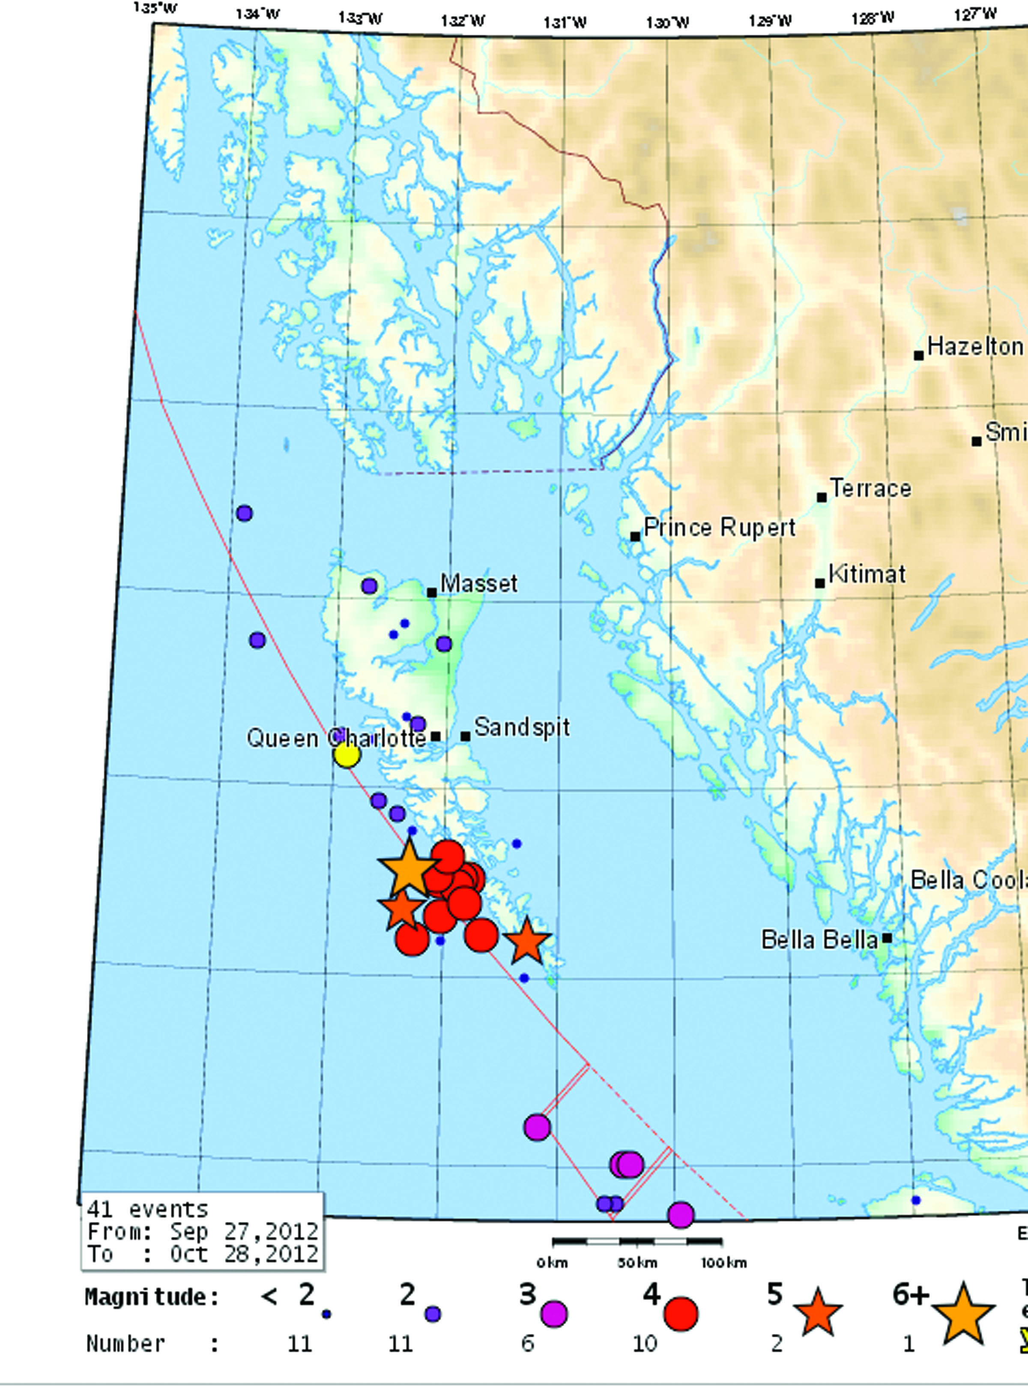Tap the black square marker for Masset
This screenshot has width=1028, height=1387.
tap(432, 592)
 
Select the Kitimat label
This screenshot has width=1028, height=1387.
tap(867, 573)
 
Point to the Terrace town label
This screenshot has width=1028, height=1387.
tap(870, 488)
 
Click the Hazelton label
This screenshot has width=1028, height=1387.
tap(974, 346)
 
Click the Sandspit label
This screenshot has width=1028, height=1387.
tap(521, 727)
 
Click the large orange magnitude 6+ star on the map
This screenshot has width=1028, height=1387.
tap(408, 868)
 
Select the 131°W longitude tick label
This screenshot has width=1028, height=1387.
tap(565, 23)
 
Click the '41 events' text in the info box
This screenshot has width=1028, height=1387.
tap(147, 1209)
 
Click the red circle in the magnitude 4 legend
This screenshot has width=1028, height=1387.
tap(681, 1314)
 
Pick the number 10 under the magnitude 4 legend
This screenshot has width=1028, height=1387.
tap(645, 1343)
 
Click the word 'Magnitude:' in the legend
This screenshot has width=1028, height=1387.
tap(152, 1297)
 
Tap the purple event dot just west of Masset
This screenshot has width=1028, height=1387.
tap(369, 586)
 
